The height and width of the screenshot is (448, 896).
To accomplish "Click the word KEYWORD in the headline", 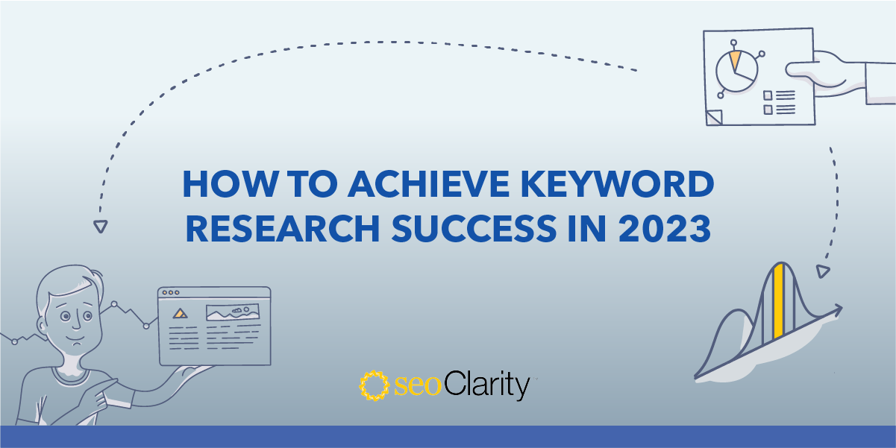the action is pos(617,184).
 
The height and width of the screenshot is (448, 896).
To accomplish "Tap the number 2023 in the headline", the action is pos(665,228).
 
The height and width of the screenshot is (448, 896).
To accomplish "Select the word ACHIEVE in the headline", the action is pos(428,184).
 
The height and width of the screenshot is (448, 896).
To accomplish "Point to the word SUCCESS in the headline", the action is pos(474,228).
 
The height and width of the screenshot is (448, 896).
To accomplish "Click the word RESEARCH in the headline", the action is pos(283,228).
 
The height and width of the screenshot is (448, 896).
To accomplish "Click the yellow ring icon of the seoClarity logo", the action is pos(374,385).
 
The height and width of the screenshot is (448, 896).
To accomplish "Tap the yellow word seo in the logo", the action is pos(418,386).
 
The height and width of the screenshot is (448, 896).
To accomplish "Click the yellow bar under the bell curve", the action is pos(778,301).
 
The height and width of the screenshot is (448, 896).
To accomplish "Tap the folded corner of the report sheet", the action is pos(714,117).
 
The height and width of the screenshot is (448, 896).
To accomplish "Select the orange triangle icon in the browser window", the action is pos(180,313).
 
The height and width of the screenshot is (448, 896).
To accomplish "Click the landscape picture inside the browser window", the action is pos(233,312).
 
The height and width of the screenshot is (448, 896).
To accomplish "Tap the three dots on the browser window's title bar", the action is pos(170,292).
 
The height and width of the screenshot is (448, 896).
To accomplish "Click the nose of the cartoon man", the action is pos(76,324).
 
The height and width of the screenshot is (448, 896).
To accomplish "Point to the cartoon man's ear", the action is pos(42,326).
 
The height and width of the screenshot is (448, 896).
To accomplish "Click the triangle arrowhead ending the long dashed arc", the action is pos(101,226).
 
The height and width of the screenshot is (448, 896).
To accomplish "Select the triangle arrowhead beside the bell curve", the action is pos(822,271).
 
